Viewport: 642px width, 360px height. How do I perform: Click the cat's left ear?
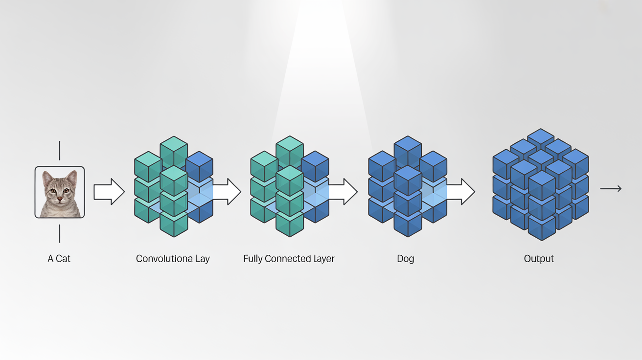pos(47,177)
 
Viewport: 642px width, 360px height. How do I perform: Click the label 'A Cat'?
pos(59,259)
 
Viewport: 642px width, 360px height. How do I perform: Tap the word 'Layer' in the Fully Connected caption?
pos(321,259)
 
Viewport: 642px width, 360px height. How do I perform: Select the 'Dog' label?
pos(405,259)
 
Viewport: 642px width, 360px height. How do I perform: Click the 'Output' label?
pos(539,259)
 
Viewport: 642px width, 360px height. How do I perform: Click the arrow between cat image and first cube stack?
pos(109,192)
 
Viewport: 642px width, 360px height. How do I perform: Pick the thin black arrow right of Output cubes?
pos(611,188)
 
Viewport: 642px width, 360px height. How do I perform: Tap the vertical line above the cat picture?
pos(60,150)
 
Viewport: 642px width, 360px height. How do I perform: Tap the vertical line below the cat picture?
pos(60,233)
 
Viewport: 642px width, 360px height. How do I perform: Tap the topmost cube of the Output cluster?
pos(541,139)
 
